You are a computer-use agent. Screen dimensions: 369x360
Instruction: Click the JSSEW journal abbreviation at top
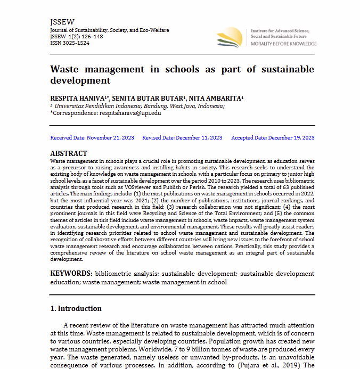click(x=59, y=22)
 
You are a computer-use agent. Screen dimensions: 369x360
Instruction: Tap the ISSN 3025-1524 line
click(x=70, y=43)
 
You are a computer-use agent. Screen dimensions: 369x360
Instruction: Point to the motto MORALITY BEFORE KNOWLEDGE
click(x=283, y=44)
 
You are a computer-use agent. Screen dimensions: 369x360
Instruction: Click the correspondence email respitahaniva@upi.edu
click(x=130, y=113)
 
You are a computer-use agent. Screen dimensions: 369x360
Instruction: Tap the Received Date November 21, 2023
click(x=92, y=138)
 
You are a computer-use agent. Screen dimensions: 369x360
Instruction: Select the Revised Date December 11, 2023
click(x=182, y=138)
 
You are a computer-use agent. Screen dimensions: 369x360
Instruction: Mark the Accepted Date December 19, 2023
click(x=273, y=138)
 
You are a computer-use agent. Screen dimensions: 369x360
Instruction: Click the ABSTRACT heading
click(x=69, y=153)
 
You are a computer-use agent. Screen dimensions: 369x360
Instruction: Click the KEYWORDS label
click(x=70, y=274)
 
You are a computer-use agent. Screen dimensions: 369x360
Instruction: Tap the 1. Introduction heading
click(x=76, y=309)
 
